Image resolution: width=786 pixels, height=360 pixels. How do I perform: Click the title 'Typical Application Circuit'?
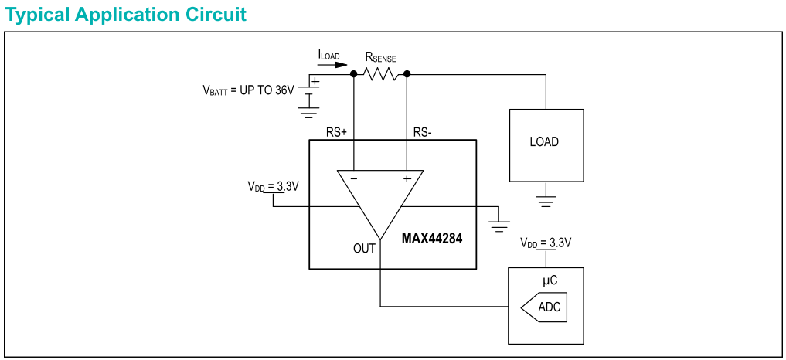pos(126,14)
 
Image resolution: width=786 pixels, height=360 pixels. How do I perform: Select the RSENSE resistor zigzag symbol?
pos(380,74)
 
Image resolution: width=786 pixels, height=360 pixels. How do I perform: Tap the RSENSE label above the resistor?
pos(380,58)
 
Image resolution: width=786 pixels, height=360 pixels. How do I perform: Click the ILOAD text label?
pos(328,55)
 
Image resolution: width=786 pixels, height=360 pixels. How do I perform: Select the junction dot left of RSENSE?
pos(354,74)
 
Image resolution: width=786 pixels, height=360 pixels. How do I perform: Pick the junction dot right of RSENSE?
pos(407,74)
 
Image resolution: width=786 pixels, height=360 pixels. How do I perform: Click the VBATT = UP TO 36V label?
pos(249,90)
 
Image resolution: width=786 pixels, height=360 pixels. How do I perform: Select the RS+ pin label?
pos(336,132)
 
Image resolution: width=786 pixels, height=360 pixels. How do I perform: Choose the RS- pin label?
pos(422,132)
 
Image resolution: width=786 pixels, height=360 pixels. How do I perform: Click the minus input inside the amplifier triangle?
pos(353,178)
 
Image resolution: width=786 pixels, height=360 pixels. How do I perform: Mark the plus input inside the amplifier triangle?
pos(407,178)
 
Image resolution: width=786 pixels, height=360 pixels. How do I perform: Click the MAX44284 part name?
pos(432,239)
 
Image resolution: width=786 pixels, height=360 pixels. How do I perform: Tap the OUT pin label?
pos(364,248)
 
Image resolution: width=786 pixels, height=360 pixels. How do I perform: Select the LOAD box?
pos(546,144)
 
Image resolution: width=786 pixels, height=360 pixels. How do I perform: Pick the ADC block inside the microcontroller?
pos(546,307)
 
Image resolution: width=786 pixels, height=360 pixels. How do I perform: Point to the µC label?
pos(549,280)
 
